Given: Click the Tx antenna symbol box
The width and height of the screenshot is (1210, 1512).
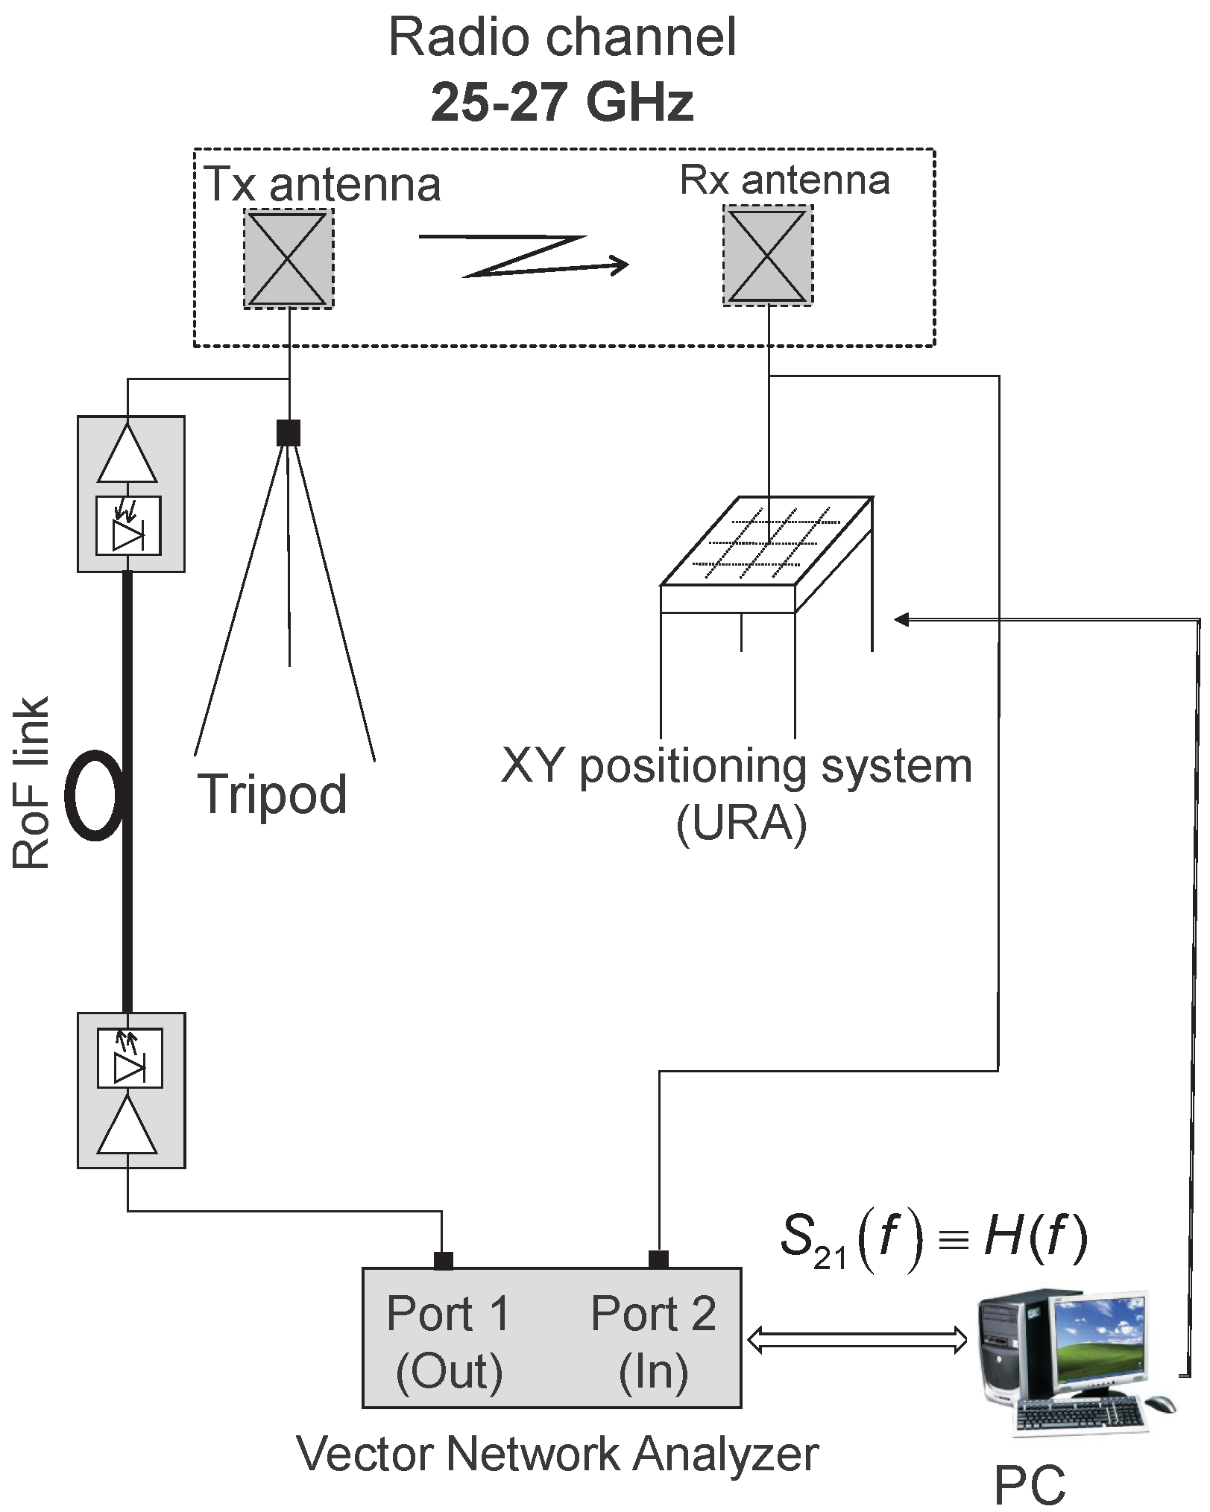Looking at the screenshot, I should point(288,258).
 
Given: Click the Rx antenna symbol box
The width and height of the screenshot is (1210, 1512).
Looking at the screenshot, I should point(767,256).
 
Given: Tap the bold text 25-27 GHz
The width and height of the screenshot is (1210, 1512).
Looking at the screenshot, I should point(563,102).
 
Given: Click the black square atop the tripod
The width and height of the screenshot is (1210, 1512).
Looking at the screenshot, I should point(289,432).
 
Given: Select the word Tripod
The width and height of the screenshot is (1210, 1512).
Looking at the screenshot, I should point(273,794).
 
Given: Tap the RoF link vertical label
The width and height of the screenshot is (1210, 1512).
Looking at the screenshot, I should point(31,782).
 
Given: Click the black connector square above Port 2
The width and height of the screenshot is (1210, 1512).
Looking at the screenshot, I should point(658,1259).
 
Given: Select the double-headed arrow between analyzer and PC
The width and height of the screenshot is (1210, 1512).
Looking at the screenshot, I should point(857,1339).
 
